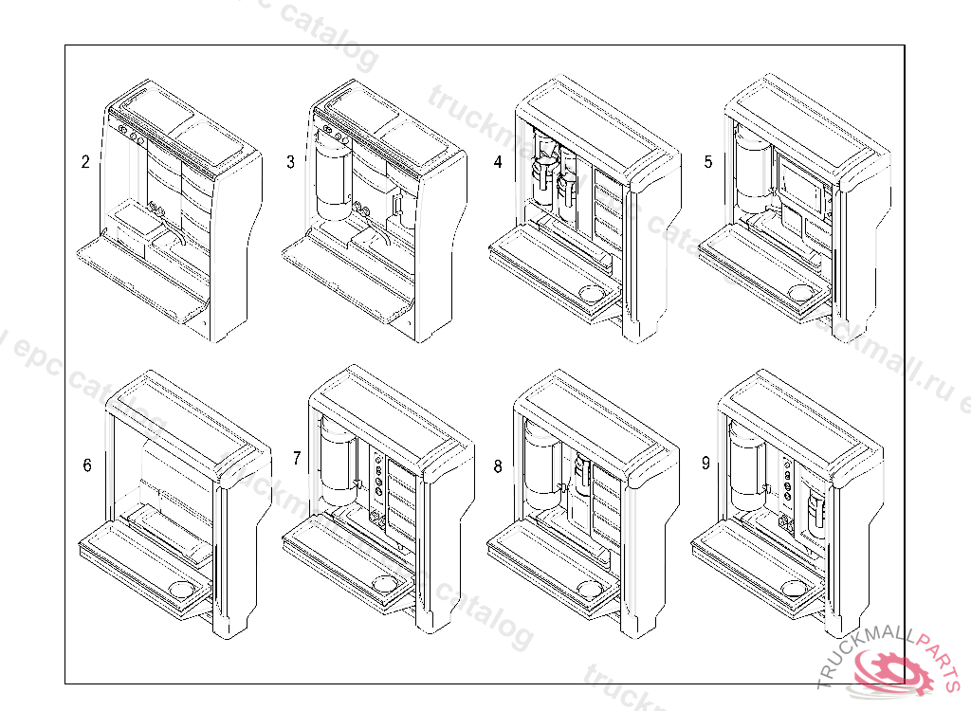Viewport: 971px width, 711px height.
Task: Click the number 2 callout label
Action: point(85,162)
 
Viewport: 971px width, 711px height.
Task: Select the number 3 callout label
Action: point(290,162)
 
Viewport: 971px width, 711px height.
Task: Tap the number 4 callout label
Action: point(498,162)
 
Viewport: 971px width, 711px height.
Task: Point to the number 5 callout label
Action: point(707,162)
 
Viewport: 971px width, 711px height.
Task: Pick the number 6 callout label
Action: point(87,465)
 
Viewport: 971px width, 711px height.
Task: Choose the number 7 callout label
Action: point(297,459)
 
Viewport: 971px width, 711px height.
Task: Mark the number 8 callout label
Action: point(498,465)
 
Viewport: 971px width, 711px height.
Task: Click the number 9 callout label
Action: point(705,464)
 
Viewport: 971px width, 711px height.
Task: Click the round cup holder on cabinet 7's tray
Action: point(386,582)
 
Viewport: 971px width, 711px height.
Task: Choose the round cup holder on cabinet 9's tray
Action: point(797,589)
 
